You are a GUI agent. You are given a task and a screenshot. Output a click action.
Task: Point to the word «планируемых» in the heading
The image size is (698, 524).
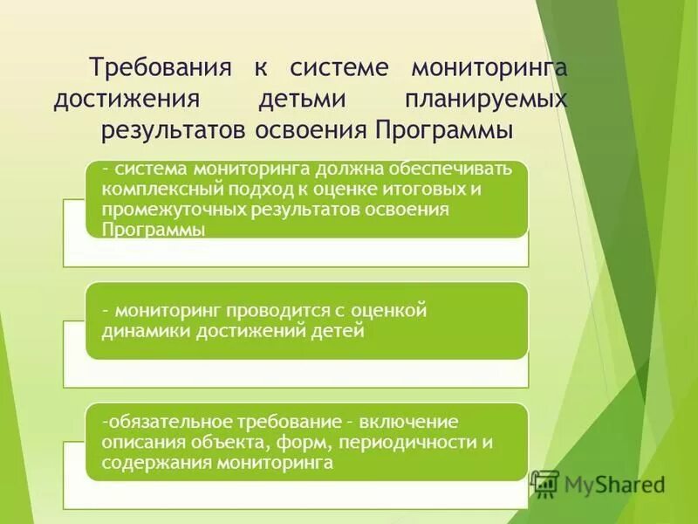pos(486,99)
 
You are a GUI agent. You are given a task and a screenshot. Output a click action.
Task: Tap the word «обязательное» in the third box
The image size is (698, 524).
pos(162,422)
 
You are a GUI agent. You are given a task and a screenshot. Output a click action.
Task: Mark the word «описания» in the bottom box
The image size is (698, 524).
pos(140,443)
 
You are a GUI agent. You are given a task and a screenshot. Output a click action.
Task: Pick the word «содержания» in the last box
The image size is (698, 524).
pos(149,464)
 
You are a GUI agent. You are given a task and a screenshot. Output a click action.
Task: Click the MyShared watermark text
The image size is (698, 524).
pos(614,483)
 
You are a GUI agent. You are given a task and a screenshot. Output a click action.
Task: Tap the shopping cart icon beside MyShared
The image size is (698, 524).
pos(545,483)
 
